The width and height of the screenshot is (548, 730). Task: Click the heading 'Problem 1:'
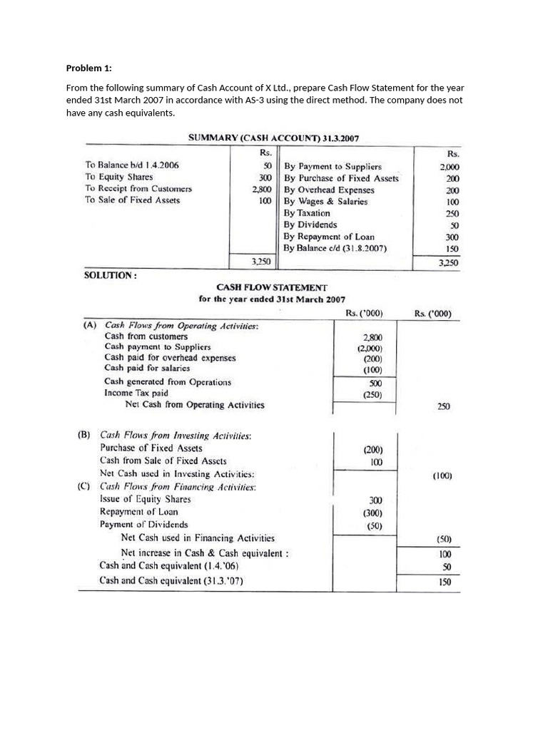click(x=89, y=68)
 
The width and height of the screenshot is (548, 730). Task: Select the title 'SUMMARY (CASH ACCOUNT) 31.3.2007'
click(x=278, y=137)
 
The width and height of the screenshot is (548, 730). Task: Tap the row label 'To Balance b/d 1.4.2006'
click(x=132, y=165)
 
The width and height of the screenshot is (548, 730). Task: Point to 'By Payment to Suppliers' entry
click(x=333, y=166)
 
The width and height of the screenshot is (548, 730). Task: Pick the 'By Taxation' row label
click(x=307, y=213)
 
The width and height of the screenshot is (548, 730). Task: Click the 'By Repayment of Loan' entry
click(x=329, y=237)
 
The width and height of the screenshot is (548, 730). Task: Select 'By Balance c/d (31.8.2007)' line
click(x=335, y=248)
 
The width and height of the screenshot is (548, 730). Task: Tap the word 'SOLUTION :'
click(x=111, y=274)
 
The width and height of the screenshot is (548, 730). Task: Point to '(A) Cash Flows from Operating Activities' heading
click(x=171, y=325)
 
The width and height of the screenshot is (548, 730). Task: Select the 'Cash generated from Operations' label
click(x=168, y=381)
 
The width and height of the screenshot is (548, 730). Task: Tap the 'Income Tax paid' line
click(x=136, y=393)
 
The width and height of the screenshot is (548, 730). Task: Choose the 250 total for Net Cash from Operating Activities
click(x=443, y=406)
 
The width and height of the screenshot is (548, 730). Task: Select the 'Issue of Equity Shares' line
click(x=146, y=499)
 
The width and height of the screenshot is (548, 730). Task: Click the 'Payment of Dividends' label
click(x=144, y=525)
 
